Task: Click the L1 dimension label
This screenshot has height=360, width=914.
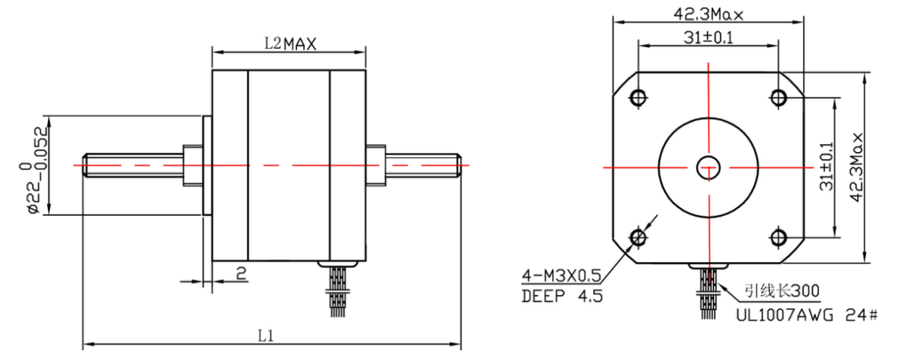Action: (265, 336)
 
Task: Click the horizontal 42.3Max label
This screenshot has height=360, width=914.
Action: (710, 14)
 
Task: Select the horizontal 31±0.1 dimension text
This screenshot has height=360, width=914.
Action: (707, 37)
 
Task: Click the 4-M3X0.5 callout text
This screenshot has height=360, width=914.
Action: (562, 275)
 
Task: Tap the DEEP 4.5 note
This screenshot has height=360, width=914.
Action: (562, 296)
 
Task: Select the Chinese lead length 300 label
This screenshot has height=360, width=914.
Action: (781, 292)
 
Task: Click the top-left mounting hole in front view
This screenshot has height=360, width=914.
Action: (638, 97)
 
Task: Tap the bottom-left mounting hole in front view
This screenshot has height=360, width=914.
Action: (638, 237)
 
